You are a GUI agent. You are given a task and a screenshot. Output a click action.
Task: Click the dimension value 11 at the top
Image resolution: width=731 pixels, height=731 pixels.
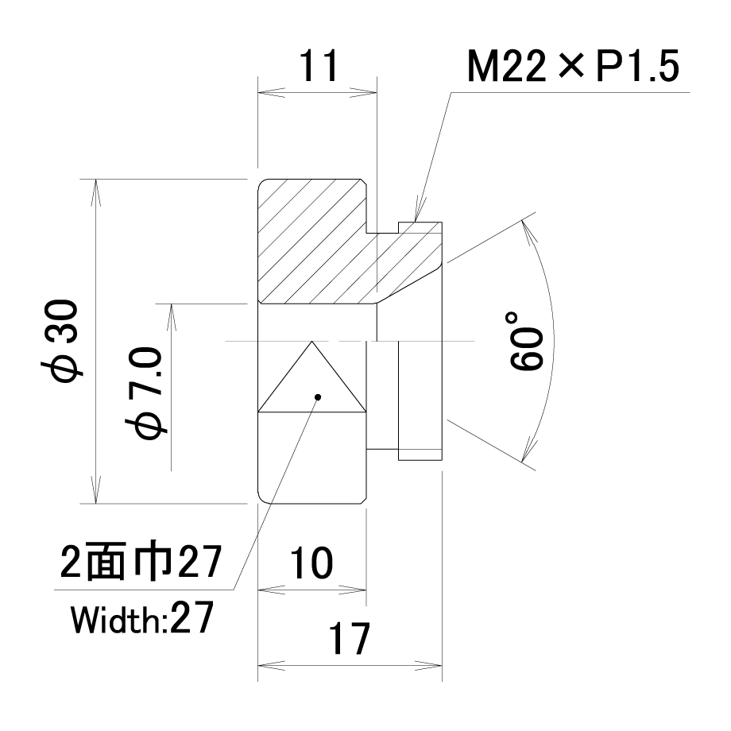(x=319, y=66)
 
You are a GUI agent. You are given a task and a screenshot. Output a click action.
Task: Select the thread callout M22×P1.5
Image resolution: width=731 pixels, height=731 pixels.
(x=573, y=66)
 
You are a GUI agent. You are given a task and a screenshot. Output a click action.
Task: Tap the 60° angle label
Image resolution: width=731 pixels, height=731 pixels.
(x=525, y=341)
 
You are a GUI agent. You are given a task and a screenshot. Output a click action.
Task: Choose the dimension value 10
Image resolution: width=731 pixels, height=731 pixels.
(x=311, y=563)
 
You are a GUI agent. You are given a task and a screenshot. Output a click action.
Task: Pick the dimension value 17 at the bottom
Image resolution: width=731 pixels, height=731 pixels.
(x=349, y=638)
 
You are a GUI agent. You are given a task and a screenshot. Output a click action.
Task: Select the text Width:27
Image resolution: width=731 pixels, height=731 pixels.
(x=142, y=618)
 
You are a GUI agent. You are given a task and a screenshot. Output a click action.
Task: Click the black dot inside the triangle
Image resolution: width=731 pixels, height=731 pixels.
(x=318, y=397)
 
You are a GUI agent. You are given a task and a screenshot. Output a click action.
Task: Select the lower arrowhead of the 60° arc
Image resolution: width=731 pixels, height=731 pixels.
(x=528, y=450)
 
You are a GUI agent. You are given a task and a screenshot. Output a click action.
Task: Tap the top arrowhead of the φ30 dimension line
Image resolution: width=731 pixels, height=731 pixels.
(x=95, y=192)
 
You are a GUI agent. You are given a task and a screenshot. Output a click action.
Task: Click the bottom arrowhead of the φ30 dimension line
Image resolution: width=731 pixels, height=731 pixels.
(x=95, y=490)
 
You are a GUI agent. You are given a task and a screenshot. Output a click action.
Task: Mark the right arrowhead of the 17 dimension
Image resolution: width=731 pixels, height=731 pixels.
(x=428, y=665)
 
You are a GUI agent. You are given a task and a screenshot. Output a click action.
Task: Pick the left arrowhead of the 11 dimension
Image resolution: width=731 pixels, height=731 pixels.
(x=271, y=92)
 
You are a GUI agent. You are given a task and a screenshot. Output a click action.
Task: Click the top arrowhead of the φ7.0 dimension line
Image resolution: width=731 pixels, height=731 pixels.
(x=171, y=318)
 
